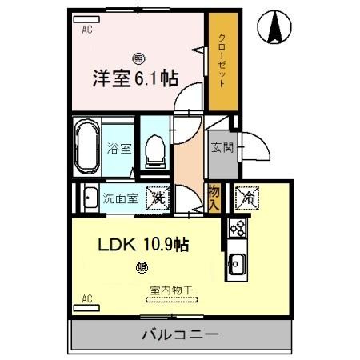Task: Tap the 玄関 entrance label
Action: point(221,148)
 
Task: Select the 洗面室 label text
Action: point(120,198)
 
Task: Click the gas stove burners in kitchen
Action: point(238,228)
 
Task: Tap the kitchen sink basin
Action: point(237,262)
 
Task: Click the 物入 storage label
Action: point(214,198)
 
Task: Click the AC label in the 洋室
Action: point(87,30)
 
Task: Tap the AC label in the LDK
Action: point(87,300)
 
